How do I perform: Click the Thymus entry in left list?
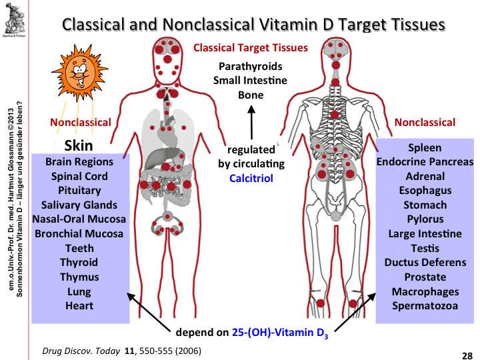point(79,277)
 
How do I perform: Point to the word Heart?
point(79,306)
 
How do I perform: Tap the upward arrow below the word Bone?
point(251,125)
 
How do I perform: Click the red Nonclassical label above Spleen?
point(425,122)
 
